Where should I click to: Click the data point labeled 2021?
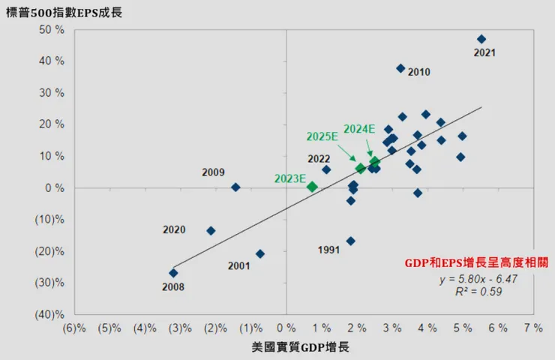pyautogui.click(x=481, y=39)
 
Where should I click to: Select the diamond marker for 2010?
pyautogui.click(x=400, y=68)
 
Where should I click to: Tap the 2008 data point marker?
pyautogui.click(x=173, y=273)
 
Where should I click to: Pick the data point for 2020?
pyautogui.click(x=211, y=231)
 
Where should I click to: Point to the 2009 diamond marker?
pyautogui.click(x=235, y=187)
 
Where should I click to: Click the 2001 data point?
pyautogui.click(x=260, y=253)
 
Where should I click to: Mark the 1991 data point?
pyautogui.click(x=350, y=241)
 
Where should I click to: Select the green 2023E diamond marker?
pyautogui.click(x=313, y=187)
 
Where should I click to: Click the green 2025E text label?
pyautogui.click(x=322, y=136)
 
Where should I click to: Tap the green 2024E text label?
pyautogui.click(x=359, y=129)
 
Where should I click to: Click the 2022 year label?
pyautogui.click(x=319, y=159)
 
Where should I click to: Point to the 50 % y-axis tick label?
pyautogui.click(x=51, y=30)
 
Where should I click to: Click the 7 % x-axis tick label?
pyautogui.click(x=533, y=328)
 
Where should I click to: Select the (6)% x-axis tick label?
pyautogui.click(x=74, y=328)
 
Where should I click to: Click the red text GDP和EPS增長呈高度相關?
pyautogui.click(x=469, y=263)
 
